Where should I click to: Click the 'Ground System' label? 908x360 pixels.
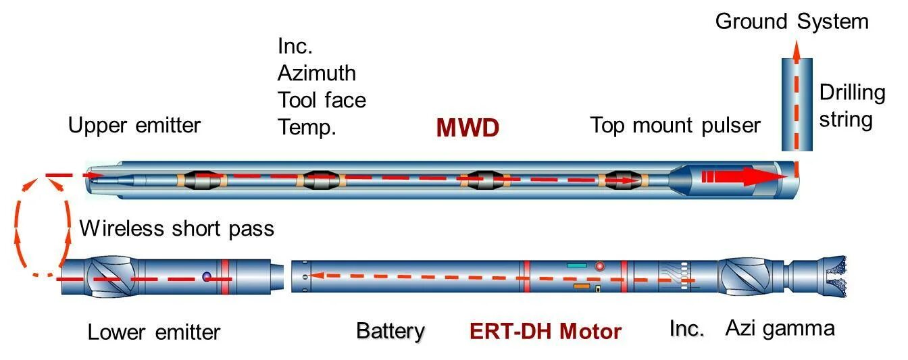click(x=791, y=22)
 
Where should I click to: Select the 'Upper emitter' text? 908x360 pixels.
click(x=134, y=126)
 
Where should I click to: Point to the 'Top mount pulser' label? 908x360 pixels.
click(x=675, y=126)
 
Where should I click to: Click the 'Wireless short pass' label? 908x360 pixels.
click(x=177, y=228)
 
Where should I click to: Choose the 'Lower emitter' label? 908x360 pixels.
click(x=154, y=332)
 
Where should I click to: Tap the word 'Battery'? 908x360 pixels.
click(x=390, y=332)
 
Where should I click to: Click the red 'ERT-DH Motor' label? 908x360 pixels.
click(x=545, y=332)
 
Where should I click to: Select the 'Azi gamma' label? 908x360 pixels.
click(x=780, y=329)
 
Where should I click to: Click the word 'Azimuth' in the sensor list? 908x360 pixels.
click(x=316, y=73)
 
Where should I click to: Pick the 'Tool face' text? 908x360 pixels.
click(x=322, y=100)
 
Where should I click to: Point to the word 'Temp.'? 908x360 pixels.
click(x=307, y=127)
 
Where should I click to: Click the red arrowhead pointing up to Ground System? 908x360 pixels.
click(x=796, y=49)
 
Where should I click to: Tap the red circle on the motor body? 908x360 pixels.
click(x=599, y=266)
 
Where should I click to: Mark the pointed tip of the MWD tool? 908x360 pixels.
click(x=92, y=177)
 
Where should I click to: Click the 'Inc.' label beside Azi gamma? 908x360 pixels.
click(x=687, y=329)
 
